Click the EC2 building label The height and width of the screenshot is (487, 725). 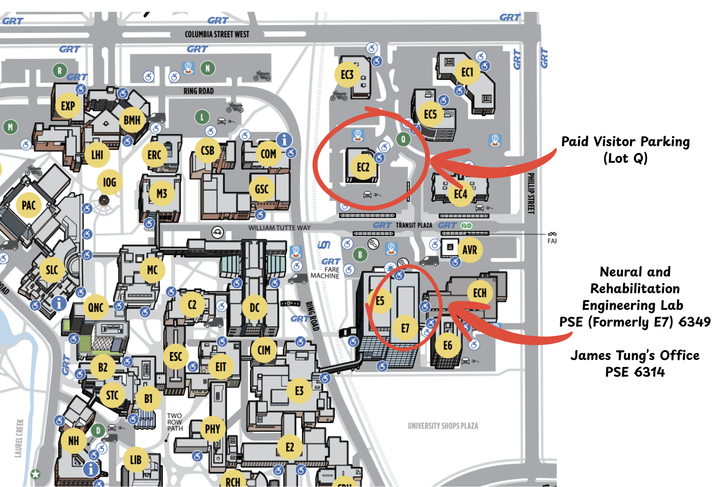point(363,167)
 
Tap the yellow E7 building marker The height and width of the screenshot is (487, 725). point(405,328)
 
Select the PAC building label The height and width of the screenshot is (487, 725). point(29,205)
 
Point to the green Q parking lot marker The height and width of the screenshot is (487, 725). point(403,139)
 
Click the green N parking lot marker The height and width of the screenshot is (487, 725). point(207,69)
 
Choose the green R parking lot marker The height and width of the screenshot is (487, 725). point(59,70)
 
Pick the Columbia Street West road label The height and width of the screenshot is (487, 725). point(217,34)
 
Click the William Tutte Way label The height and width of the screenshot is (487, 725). point(279,228)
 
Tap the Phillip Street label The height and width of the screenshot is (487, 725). point(531,193)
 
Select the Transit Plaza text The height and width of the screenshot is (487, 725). point(414,225)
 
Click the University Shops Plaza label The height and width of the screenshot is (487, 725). point(443,426)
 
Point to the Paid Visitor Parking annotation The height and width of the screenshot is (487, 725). point(625,149)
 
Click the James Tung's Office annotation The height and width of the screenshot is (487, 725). point(635,363)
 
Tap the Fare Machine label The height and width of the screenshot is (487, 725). point(325,273)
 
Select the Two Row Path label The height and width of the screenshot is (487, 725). point(175,422)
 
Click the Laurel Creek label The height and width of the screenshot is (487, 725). point(19,438)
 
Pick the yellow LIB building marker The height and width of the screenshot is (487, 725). point(135,460)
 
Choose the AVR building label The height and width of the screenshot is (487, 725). point(469,250)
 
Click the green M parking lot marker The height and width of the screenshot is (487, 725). point(11,126)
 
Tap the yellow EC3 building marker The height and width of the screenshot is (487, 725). point(347,75)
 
